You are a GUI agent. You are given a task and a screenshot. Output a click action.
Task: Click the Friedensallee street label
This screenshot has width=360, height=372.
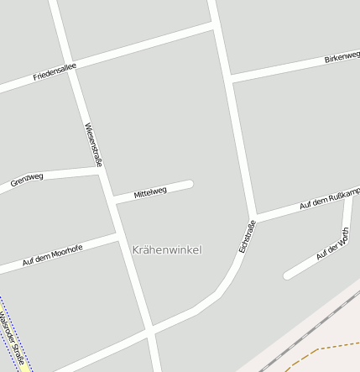pyautogui.click(x=55, y=71)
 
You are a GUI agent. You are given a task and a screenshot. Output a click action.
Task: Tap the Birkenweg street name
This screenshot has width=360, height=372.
pyautogui.click(x=342, y=59)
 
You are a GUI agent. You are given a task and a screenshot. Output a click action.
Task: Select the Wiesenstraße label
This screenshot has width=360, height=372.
pyautogui.click(x=93, y=144)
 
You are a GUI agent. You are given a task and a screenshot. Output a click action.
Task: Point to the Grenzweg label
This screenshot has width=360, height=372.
pyautogui.click(x=27, y=180)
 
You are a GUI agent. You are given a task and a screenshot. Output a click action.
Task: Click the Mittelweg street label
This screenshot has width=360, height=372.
pyautogui.click(x=150, y=192)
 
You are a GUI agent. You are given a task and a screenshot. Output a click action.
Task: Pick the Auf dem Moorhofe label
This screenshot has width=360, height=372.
pyautogui.click(x=52, y=256)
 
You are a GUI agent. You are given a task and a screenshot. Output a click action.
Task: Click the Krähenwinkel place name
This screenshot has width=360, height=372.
pyautogui.click(x=167, y=249)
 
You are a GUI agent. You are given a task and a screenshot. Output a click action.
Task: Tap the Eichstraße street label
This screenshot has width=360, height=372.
pyautogui.click(x=247, y=236)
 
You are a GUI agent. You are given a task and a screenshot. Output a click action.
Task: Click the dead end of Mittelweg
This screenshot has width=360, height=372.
pyautogui.click(x=190, y=184)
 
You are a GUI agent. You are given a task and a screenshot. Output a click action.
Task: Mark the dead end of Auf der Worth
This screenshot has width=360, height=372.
pyautogui.click(x=288, y=275)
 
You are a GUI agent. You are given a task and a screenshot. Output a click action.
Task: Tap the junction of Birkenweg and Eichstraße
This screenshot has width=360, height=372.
pyautogui.click(x=229, y=80)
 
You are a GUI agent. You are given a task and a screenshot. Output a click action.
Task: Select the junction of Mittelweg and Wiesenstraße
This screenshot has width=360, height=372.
pyautogui.click(x=113, y=201)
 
